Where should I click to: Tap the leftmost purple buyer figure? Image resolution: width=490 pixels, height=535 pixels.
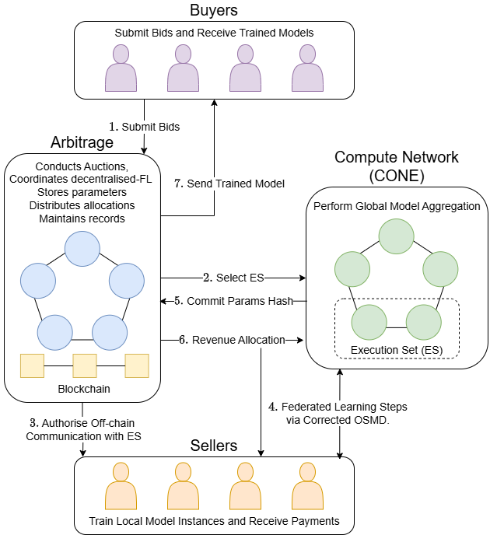(x=121, y=68)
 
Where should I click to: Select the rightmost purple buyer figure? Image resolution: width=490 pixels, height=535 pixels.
(x=307, y=68)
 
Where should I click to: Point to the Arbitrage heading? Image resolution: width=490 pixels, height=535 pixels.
(x=82, y=143)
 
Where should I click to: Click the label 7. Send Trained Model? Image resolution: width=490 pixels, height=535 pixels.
(x=229, y=184)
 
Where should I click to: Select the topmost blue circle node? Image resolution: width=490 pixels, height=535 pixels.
(x=82, y=246)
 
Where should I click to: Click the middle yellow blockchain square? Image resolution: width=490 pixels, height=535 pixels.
(x=84, y=365)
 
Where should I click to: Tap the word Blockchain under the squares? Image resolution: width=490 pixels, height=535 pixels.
(x=82, y=388)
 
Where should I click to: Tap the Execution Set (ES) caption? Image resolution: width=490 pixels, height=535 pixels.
(x=397, y=349)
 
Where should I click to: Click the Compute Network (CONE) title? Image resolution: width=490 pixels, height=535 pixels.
(x=397, y=166)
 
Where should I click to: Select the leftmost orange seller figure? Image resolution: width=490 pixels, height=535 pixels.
(x=121, y=487)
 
